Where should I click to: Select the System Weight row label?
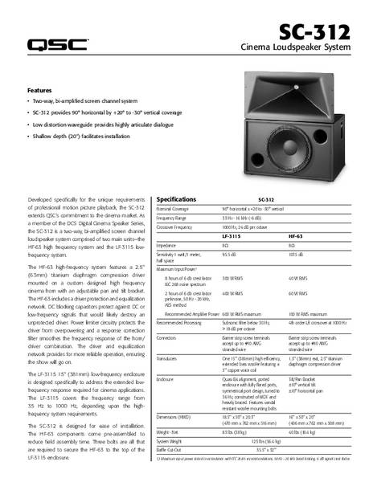171,442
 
